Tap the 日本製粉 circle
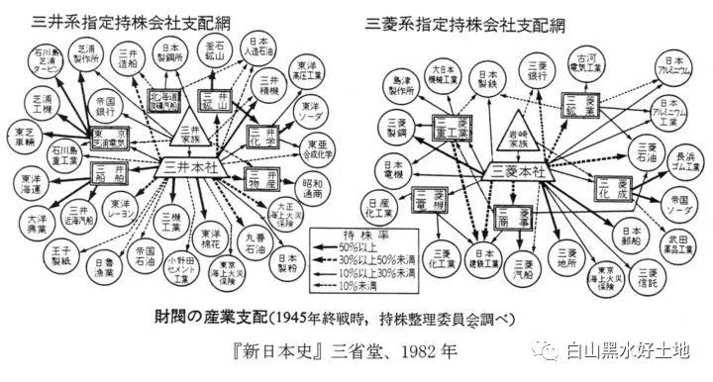(x=283, y=261)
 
